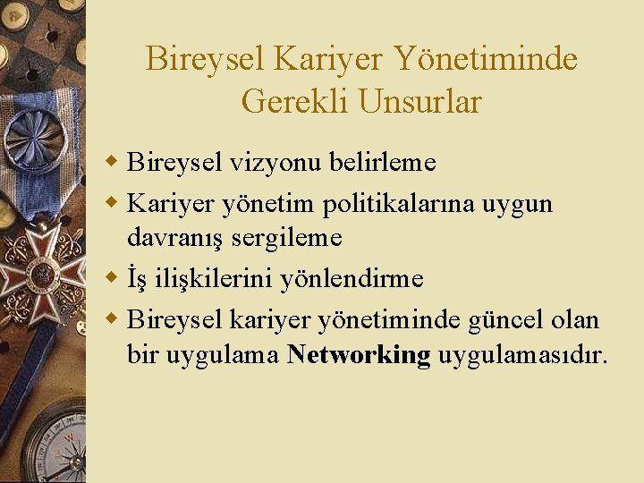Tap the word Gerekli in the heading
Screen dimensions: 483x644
pos(294,101)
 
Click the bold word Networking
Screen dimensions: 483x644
pos(359,354)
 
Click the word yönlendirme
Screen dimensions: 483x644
pos(352,278)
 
